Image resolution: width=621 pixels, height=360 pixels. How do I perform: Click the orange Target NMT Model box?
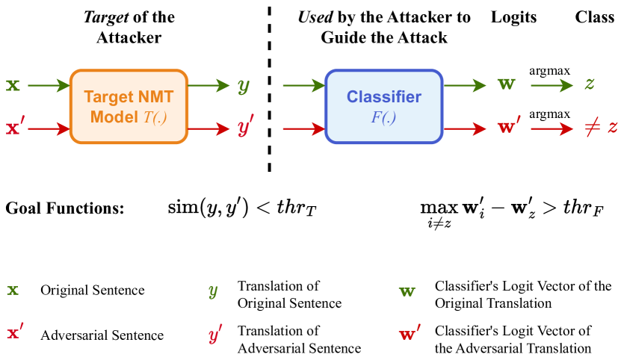[x=128, y=106]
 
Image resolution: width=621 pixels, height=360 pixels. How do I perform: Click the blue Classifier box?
[x=383, y=106]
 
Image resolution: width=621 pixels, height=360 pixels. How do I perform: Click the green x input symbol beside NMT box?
[x=13, y=85]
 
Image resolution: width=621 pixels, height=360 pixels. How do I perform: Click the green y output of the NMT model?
[x=244, y=86]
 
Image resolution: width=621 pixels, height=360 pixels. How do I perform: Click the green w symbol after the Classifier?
[x=506, y=85]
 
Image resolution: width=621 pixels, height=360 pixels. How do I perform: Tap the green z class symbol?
[x=590, y=85]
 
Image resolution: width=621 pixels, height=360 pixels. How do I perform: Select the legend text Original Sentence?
[x=93, y=290]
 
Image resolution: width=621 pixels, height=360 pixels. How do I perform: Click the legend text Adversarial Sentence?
[x=102, y=335]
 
